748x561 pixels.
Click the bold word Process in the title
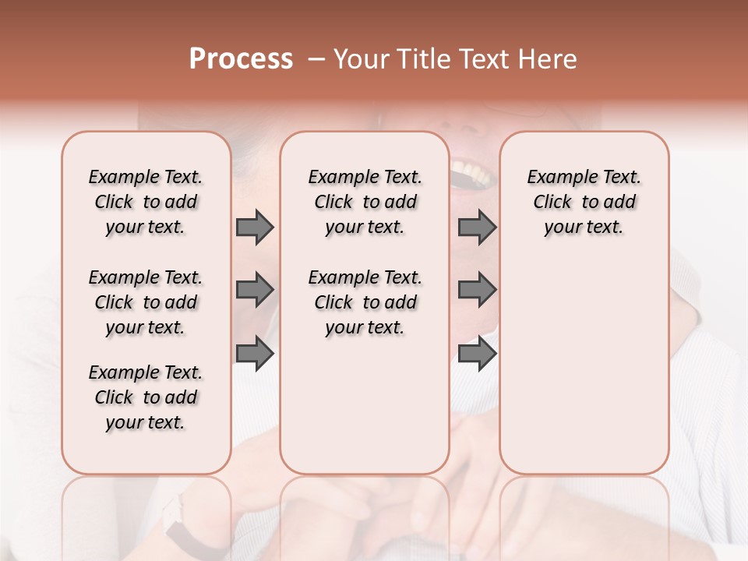click(241, 59)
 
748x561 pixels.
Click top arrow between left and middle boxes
click(255, 227)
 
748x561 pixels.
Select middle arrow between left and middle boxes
click(255, 290)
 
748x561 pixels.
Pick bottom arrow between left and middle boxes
click(255, 353)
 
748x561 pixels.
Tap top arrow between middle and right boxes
click(477, 227)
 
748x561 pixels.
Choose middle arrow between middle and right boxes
click(477, 290)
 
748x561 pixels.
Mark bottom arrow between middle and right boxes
click(477, 353)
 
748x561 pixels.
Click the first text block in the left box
click(146, 202)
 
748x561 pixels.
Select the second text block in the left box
click(146, 302)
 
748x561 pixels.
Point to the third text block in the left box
click(146, 397)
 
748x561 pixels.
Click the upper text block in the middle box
click(365, 202)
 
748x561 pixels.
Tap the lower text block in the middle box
click(365, 302)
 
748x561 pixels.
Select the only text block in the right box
click(584, 202)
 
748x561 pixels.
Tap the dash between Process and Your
click(316, 60)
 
